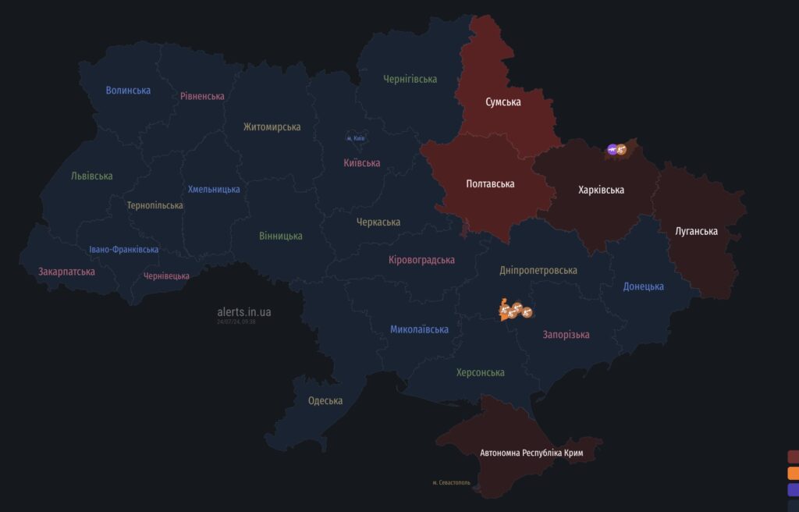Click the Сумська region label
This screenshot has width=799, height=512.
click(x=502, y=102)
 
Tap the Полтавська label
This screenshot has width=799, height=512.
click(x=490, y=184)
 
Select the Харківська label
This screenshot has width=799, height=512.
click(x=601, y=190)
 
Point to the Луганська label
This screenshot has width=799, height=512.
click(x=696, y=231)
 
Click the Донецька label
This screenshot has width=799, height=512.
click(x=643, y=286)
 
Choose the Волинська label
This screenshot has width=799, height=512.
click(x=128, y=91)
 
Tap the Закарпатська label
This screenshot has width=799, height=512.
click(x=67, y=272)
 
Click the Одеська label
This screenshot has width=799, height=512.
click(x=325, y=400)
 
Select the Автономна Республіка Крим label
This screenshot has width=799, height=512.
click(x=531, y=453)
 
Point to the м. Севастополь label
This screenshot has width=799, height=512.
click(x=452, y=482)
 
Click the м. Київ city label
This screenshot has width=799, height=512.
click(x=355, y=138)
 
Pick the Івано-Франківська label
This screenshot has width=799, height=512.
click(x=123, y=250)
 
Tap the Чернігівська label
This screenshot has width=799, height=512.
click(x=410, y=79)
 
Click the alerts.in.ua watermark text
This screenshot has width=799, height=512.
click(x=244, y=311)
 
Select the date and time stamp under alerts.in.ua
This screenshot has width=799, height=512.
click(x=236, y=322)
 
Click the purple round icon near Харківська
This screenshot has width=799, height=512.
click(x=613, y=149)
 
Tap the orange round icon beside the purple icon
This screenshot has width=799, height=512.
click(x=622, y=149)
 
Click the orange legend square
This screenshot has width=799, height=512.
click(x=794, y=473)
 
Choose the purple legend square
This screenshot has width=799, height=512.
click(x=794, y=489)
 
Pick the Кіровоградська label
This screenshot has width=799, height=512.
click(x=421, y=260)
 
